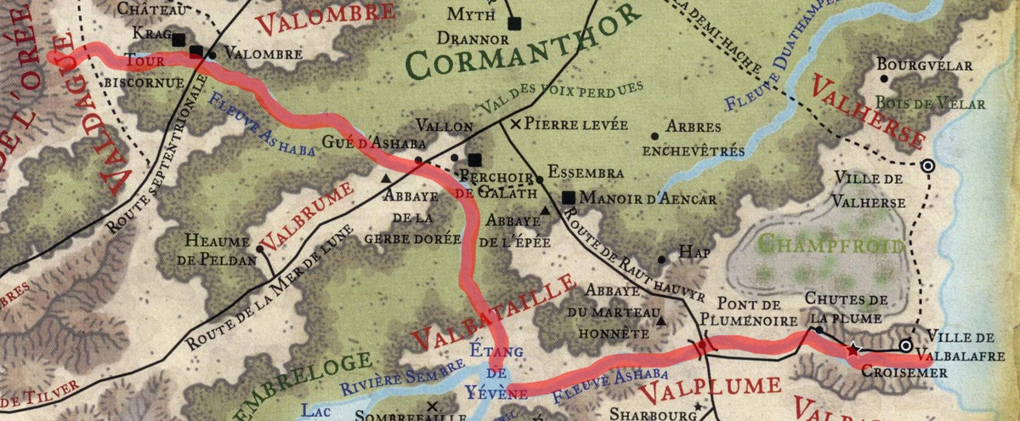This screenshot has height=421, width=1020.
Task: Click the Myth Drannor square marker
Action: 513,23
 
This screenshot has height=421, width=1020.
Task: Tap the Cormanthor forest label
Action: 521,49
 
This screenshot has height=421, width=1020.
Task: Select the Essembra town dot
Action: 539,179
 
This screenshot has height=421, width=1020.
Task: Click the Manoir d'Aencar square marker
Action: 569,198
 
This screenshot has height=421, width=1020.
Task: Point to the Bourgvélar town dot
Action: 884,78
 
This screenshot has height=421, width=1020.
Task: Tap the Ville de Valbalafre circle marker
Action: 906,345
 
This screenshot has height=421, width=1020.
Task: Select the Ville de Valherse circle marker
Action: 927,167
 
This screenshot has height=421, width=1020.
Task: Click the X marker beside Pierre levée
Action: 516,124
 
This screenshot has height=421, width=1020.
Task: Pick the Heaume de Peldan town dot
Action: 260,249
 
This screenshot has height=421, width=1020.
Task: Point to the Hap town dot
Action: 662,259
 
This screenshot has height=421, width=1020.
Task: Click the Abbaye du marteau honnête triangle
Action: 660,322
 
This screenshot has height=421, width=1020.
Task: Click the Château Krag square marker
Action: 178,40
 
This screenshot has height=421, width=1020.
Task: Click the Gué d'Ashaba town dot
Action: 418,160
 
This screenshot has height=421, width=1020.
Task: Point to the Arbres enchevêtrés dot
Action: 654,136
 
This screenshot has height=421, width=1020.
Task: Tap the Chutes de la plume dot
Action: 818,329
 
